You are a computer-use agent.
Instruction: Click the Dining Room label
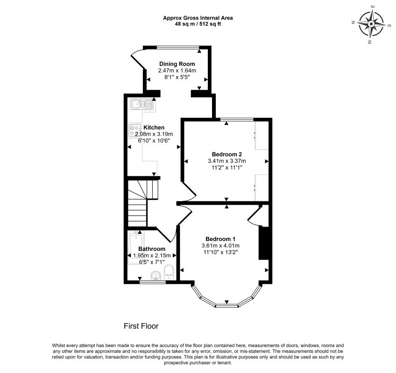tap(177, 64)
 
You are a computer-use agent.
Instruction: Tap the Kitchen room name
tap(154, 128)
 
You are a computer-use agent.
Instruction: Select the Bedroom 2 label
tap(227, 154)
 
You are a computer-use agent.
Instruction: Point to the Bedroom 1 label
tap(220, 239)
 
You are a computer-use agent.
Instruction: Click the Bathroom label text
tap(152, 249)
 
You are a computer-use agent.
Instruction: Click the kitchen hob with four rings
tap(134, 131)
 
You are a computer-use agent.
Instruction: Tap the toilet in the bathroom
tap(169, 272)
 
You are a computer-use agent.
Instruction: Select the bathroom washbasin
tap(156, 276)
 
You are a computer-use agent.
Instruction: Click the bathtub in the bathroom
tap(136, 248)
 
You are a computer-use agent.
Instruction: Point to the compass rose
tap(371, 24)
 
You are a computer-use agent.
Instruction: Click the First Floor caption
tap(141, 326)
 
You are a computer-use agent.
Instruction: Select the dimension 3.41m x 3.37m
tap(227, 161)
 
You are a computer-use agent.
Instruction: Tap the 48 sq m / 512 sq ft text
tap(198, 24)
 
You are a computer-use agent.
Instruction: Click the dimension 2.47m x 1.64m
tap(177, 70)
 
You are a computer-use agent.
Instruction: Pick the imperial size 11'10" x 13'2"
tap(220, 252)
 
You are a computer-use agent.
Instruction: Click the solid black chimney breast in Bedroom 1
tap(263, 243)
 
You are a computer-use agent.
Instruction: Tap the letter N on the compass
tap(354, 22)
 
